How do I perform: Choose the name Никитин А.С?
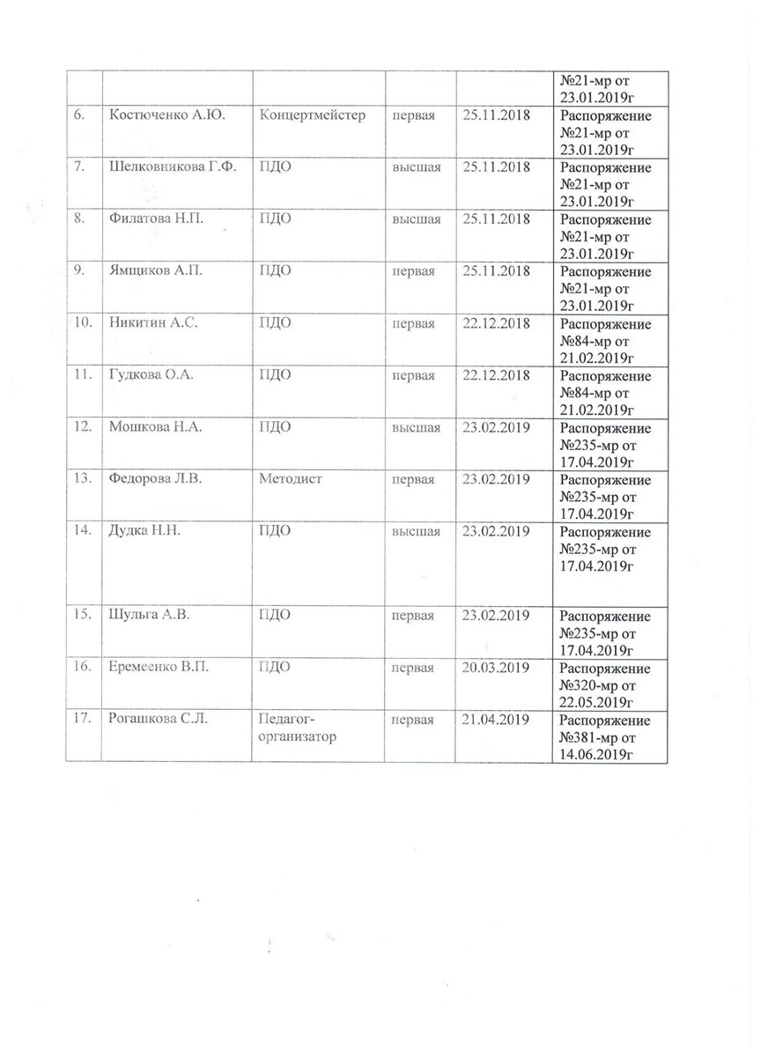click(x=151, y=323)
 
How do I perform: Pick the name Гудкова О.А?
click(x=150, y=376)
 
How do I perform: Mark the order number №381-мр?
click(x=593, y=737)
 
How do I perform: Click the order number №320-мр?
click(x=593, y=685)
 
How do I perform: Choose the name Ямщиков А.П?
click(x=155, y=271)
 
